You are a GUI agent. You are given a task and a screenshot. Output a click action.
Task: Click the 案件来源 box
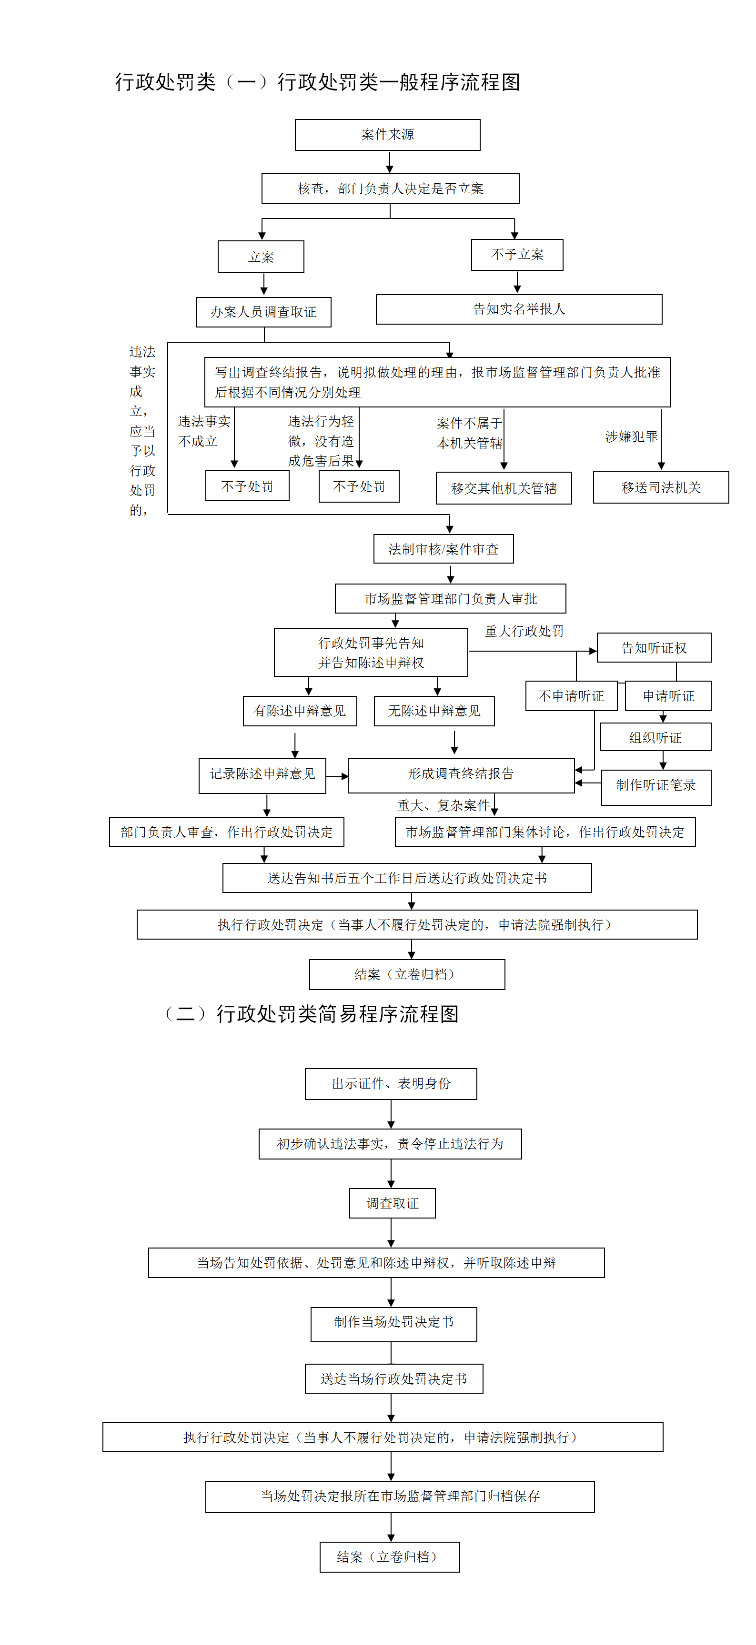click(387, 135)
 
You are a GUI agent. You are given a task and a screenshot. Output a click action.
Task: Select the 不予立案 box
click(517, 255)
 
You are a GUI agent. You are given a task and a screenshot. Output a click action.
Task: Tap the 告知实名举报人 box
click(519, 309)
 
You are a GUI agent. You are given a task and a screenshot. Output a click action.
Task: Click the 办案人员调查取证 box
click(263, 312)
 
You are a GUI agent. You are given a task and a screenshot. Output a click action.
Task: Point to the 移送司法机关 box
click(661, 487)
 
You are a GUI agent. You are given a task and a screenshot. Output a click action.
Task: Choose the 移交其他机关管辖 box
click(504, 488)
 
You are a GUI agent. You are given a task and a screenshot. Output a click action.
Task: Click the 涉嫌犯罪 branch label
click(631, 437)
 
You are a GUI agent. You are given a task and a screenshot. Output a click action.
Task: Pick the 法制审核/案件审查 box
click(444, 549)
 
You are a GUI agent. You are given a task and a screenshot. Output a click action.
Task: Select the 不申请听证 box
click(571, 696)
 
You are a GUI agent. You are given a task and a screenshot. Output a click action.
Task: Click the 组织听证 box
click(655, 738)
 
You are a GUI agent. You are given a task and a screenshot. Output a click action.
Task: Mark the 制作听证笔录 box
click(655, 785)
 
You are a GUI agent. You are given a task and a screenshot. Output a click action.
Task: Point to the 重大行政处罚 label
click(524, 632)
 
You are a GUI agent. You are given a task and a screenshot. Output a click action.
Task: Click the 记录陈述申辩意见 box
click(262, 774)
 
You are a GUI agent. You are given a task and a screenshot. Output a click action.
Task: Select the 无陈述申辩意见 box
click(434, 711)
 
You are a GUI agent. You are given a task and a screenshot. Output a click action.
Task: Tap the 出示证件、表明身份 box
click(391, 1084)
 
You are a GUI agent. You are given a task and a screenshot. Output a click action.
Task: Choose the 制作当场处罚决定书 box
click(393, 1322)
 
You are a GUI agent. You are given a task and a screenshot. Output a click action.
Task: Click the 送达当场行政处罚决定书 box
click(393, 1379)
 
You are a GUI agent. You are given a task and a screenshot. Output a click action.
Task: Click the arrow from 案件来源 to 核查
click(390, 162)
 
